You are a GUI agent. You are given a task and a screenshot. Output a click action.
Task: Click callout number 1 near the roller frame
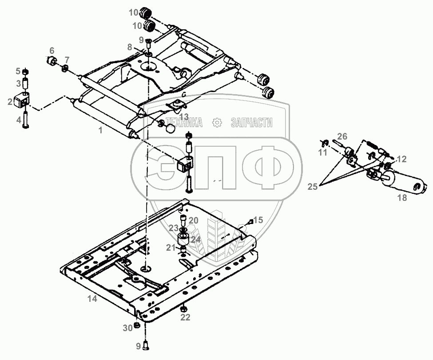(100, 130)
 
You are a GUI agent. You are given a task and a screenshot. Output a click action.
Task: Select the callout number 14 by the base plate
(92, 299)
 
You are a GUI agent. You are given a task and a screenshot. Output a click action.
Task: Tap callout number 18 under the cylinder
(402, 197)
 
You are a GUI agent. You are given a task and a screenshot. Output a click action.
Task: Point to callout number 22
(185, 317)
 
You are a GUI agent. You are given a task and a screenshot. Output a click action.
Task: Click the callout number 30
(128, 328)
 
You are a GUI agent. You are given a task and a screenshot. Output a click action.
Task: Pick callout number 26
(342, 136)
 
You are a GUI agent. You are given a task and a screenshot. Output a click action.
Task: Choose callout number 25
(313, 187)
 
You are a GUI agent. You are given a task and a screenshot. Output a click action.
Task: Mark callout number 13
(184, 116)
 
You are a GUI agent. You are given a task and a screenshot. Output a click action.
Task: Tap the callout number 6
(52, 51)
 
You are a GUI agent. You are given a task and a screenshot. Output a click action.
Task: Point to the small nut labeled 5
(25, 72)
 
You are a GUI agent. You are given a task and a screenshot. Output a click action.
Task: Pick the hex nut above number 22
(183, 308)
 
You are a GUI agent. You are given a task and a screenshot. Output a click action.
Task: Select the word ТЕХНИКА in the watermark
(184, 122)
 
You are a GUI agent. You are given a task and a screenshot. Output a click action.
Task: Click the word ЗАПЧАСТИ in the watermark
(251, 122)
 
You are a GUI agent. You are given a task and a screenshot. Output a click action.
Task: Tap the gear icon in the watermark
(217, 122)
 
